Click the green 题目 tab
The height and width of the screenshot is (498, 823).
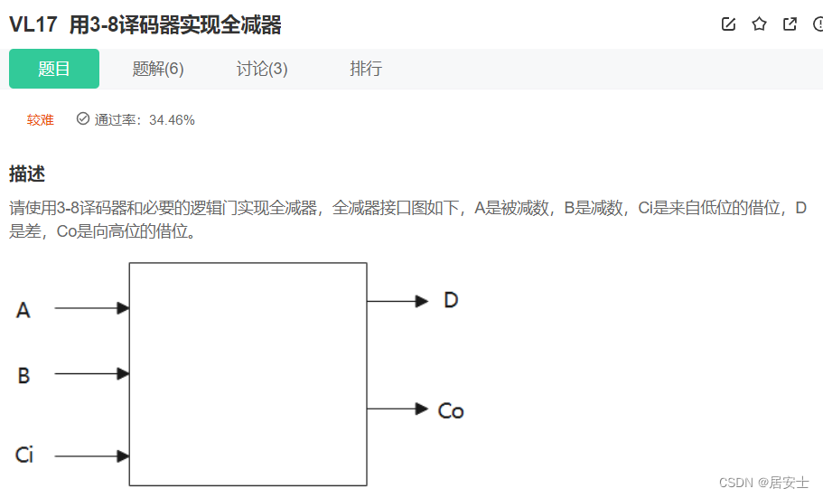pos(54,69)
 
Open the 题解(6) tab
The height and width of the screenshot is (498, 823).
pos(158,69)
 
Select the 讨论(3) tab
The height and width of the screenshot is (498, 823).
pos(262,69)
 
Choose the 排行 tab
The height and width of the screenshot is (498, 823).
pos(366,69)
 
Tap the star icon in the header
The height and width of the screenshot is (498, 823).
pos(759,24)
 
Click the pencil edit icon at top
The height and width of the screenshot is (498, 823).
pos(728,24)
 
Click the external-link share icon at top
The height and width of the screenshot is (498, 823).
pos(790,24)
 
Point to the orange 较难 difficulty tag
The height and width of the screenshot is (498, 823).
pos(41,119)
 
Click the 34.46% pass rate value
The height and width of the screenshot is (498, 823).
pos(172,119)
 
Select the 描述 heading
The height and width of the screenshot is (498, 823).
pos(27,174)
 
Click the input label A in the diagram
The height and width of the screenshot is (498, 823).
pos(23,310)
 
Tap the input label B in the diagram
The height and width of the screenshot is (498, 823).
pos(23,375)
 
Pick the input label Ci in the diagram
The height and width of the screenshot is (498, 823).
pos(24,455)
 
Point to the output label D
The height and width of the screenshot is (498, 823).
pos(451,300)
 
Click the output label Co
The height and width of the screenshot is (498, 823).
pos(450,411)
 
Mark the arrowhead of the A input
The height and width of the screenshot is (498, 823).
pos(124,308)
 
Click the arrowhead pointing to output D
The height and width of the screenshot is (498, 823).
pos(422,301)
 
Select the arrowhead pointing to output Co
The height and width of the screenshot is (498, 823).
pos(422,409)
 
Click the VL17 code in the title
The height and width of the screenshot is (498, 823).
pos(34,25)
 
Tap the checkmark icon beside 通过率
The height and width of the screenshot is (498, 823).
pos(83,118)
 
